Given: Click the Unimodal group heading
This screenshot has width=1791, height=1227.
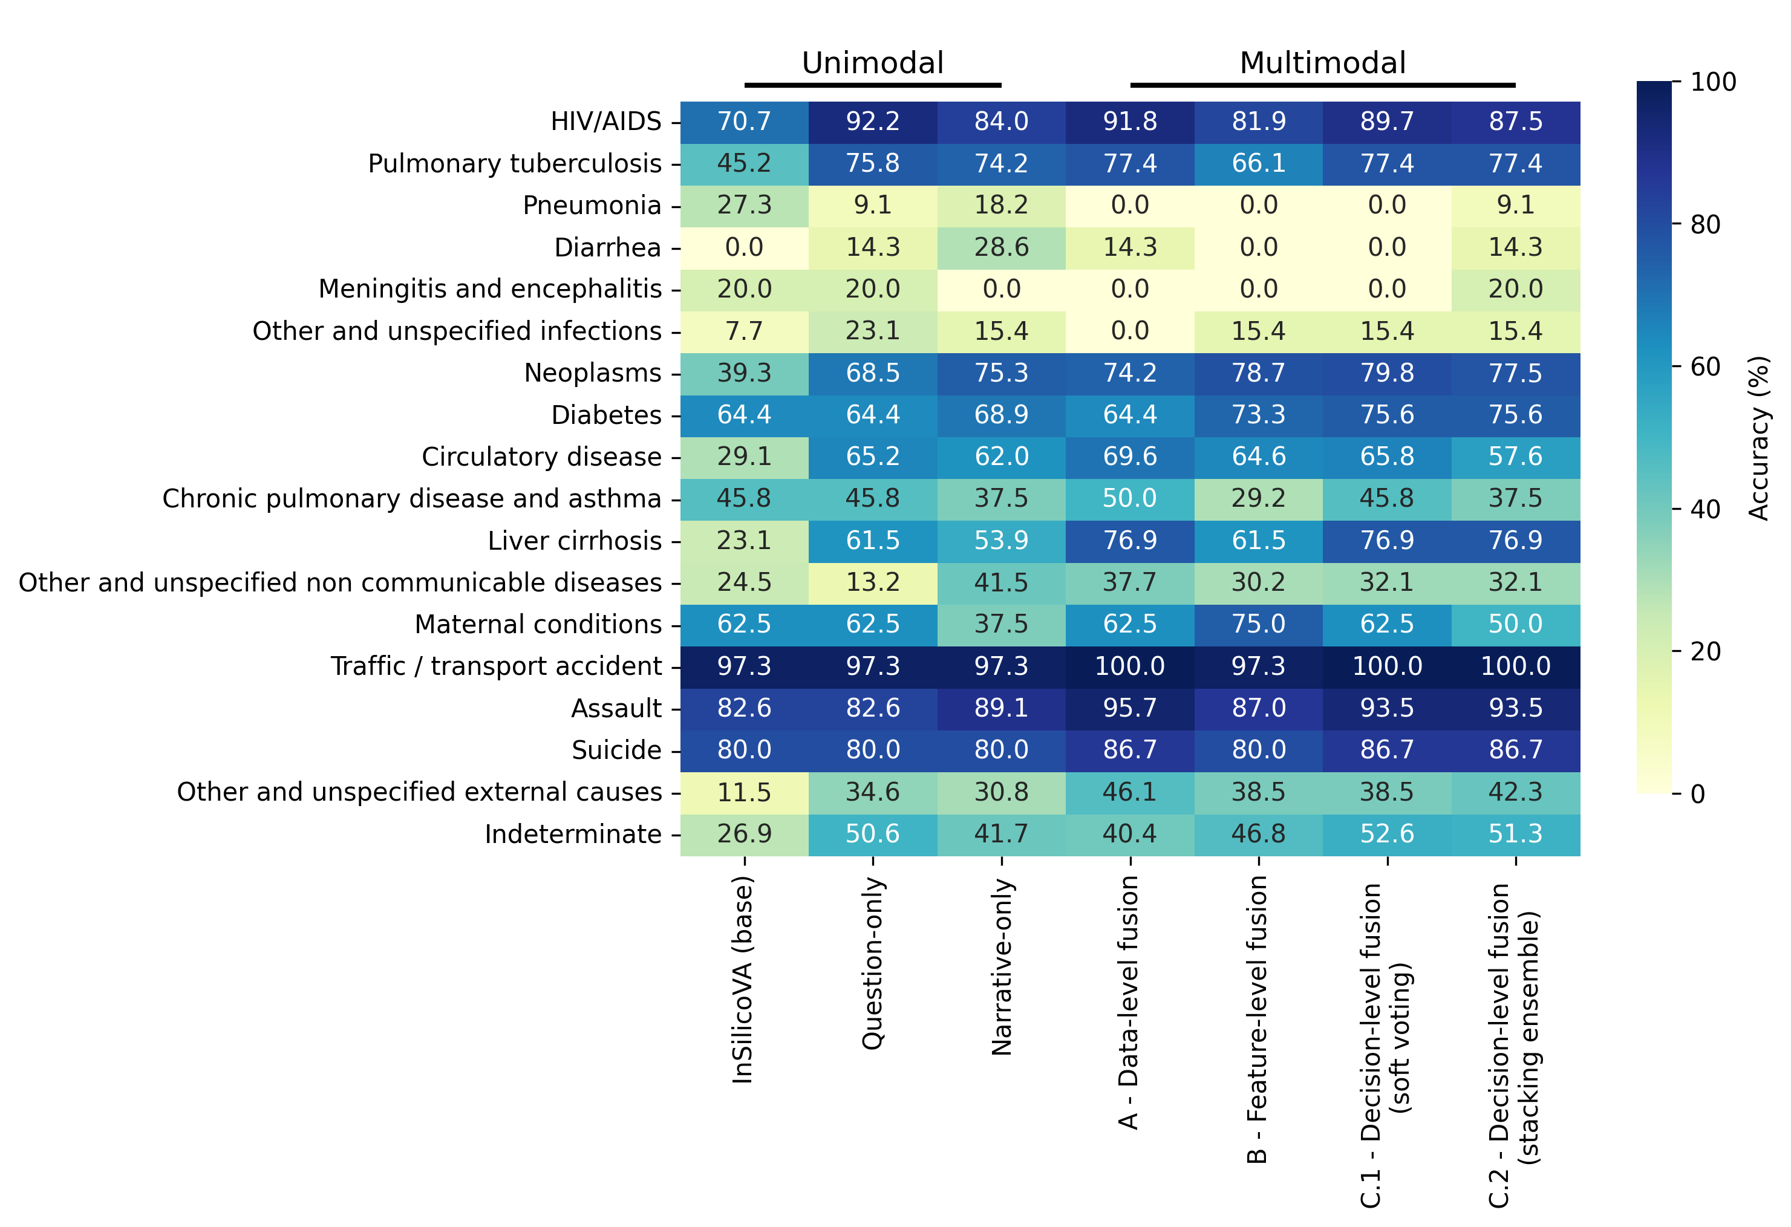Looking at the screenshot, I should (x=872, y=63).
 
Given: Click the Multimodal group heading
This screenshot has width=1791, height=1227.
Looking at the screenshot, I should (x=1322, y=63).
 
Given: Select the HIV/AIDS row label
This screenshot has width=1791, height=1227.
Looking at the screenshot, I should (x=605, y=122).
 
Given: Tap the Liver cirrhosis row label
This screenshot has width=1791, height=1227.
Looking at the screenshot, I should (x=574, y=541).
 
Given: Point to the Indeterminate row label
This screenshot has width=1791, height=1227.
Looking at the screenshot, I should (x=573, y=834).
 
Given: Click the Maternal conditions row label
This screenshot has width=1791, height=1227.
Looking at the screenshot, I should (x=538, y=625).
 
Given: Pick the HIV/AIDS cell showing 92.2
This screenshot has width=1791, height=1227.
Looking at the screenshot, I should (x=872, y=122).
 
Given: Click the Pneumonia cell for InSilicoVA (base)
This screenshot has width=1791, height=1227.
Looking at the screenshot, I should (x=744, y=206).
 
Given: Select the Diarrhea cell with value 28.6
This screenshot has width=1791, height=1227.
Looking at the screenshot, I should (x=1001, y=247).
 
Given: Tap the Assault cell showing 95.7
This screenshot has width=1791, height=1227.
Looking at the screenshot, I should (x=1130, y=708).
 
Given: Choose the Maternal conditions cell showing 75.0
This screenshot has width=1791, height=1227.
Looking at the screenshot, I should (x=1259, y=625).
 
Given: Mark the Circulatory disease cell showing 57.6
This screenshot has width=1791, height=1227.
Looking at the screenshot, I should (x=1515, y=457).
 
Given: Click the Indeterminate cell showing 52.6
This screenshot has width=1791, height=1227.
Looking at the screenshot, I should (x=1386, y=834).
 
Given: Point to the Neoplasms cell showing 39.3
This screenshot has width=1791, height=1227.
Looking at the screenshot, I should (x=744, y=373).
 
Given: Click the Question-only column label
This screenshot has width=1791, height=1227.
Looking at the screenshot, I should (x=872, y=963).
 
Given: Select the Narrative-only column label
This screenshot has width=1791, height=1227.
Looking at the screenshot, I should (x=1001, y=966).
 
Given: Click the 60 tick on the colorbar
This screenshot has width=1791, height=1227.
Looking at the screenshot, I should (x=1705, y=366).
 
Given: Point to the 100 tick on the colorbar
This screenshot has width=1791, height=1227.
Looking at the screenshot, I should (x=1712, y=82).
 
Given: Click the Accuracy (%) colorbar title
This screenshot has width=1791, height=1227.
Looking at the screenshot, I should (x=1758, y=437).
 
